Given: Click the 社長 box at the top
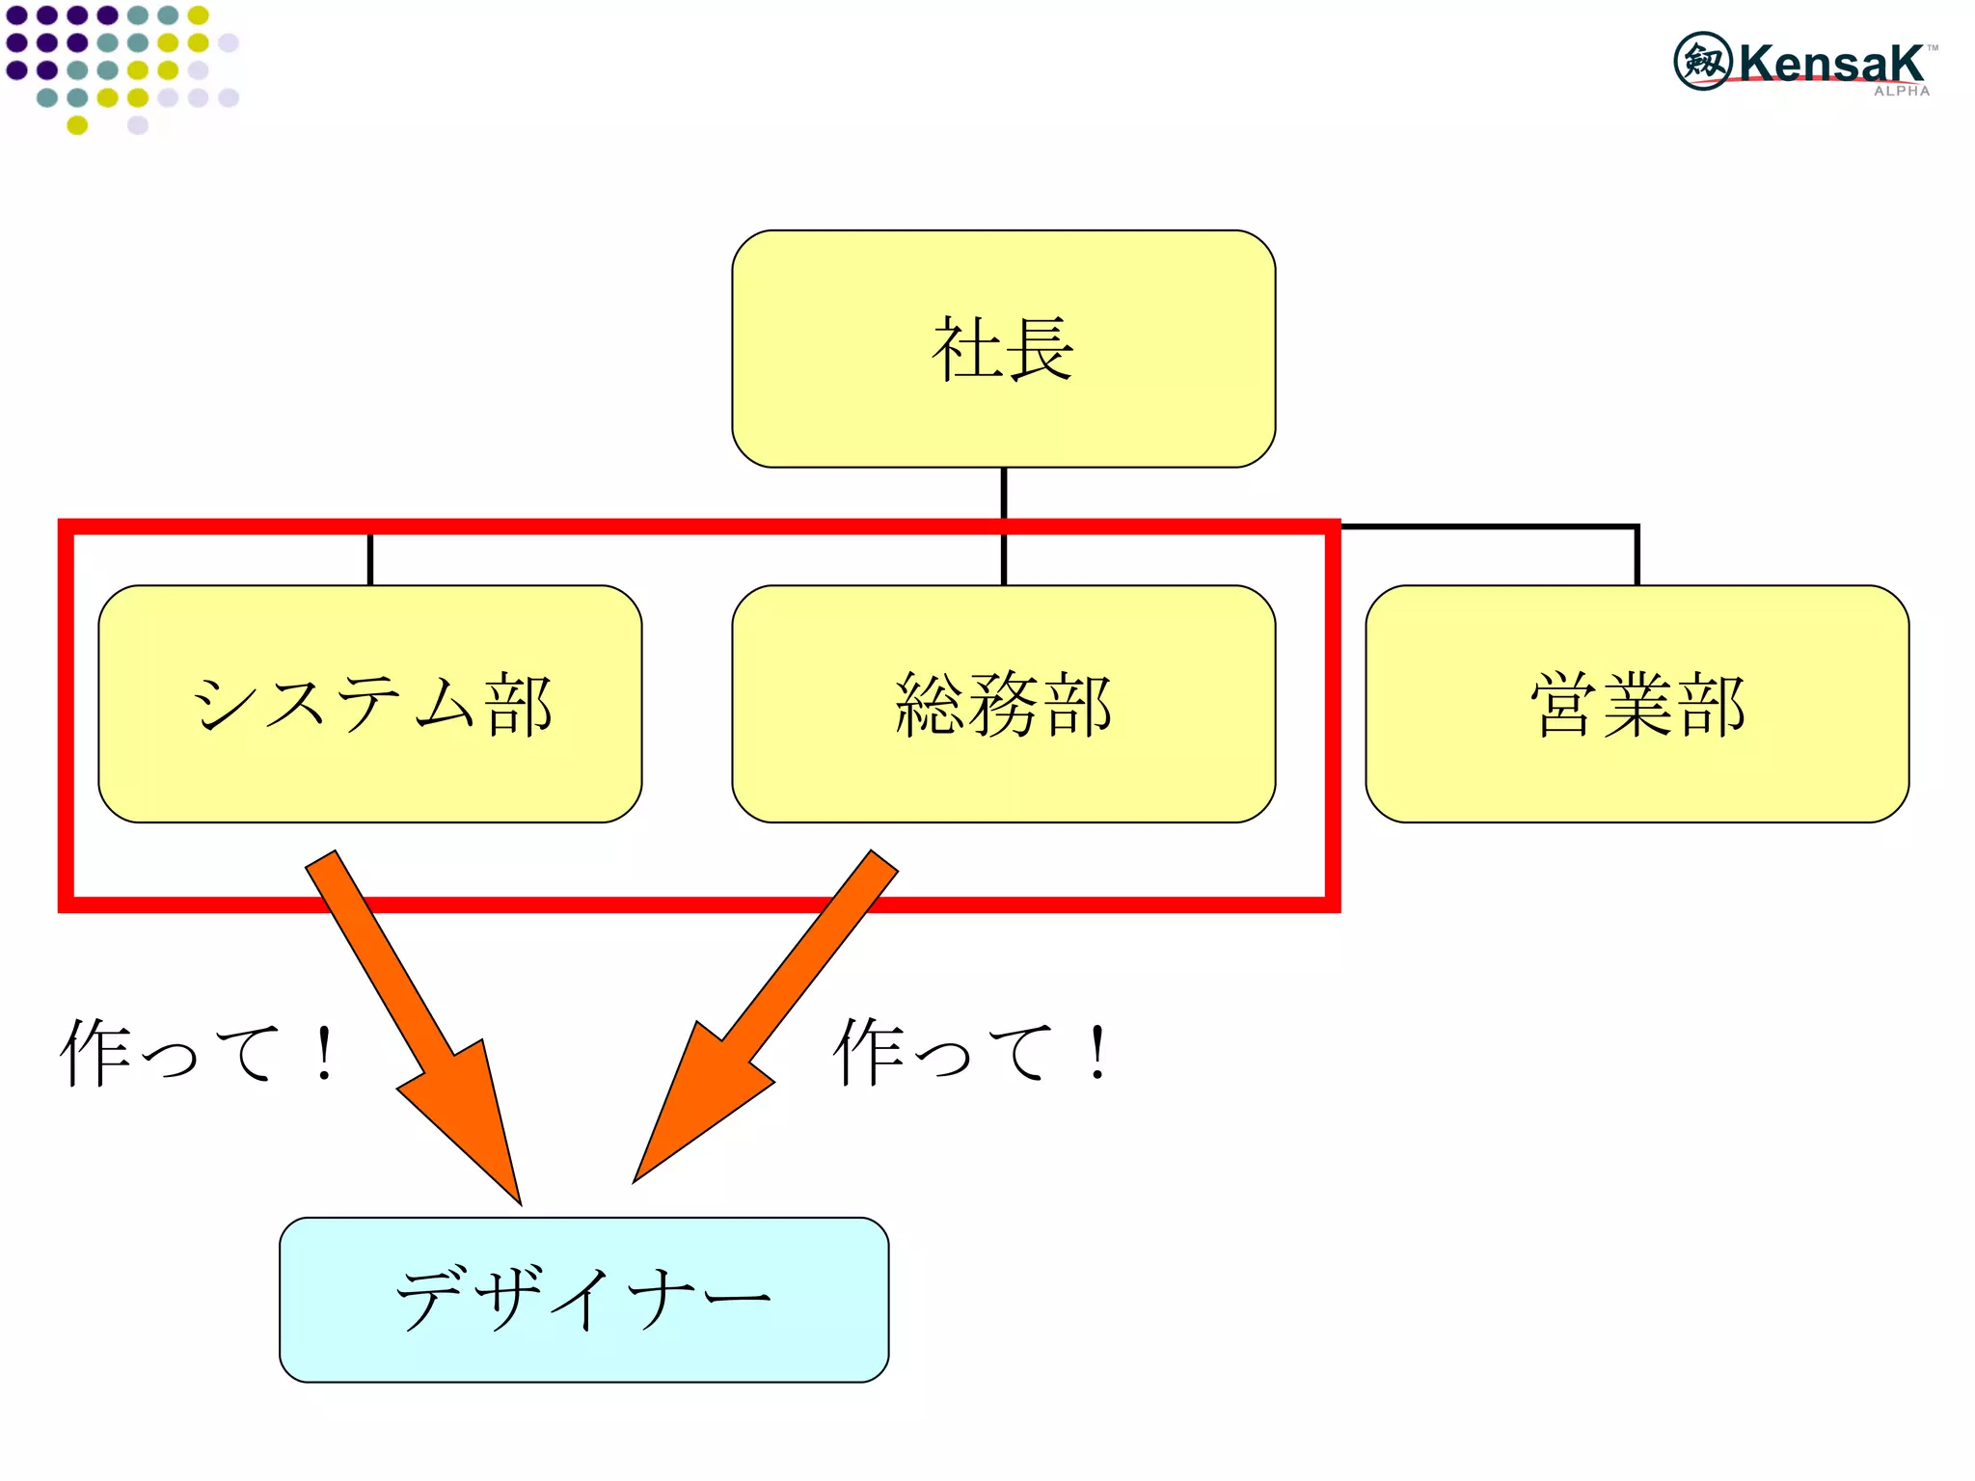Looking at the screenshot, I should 1003,349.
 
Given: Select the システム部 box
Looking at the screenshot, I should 370,703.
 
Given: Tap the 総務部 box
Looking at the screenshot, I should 1003,703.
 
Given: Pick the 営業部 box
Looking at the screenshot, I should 1637,703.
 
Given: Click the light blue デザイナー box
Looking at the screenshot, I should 583,1299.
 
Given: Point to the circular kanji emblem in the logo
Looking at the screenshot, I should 1703,61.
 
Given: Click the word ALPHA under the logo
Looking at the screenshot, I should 1901,92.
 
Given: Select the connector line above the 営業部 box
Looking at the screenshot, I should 1637,554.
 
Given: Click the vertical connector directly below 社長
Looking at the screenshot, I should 1004,494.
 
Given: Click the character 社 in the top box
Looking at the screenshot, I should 966,349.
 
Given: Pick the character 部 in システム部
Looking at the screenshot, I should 519,705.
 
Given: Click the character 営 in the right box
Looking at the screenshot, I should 1564,705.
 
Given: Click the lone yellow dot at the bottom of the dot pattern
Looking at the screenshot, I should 77,124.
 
